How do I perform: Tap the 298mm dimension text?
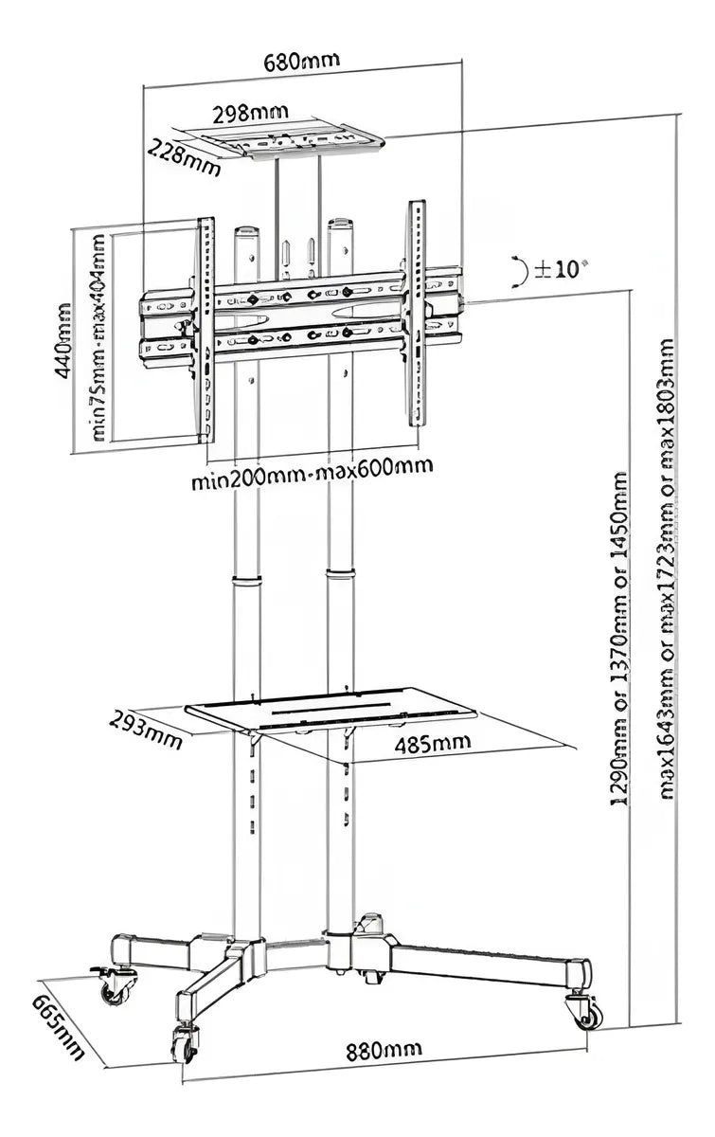coord(250,114)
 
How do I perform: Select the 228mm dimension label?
coord(184,158)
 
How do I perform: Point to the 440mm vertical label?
coord(62,340)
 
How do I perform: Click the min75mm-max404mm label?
coord(98,336)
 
